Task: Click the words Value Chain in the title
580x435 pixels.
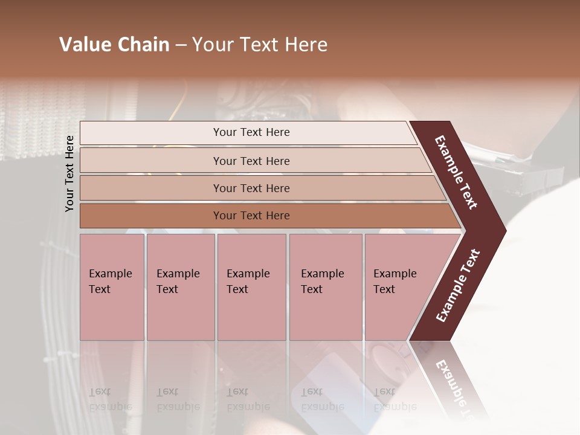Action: (x=114, y=45)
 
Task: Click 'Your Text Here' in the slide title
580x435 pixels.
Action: (x=260, y=45)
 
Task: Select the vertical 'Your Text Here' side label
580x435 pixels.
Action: (x=69, y=173)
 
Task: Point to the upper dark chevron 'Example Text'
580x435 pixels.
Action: (x=456, y=172)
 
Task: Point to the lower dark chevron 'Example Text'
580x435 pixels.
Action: (x=457, y=286)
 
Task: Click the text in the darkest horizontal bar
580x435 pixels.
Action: (x=251, y=216)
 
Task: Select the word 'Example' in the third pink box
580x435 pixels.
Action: (x=248, y=274)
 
